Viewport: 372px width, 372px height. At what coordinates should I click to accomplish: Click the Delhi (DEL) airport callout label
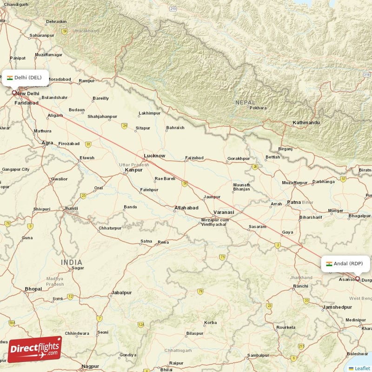tap(25, 78)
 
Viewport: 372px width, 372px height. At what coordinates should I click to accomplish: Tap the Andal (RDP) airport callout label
tap(345, 264)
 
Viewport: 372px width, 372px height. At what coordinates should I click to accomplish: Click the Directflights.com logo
tap(34, 349)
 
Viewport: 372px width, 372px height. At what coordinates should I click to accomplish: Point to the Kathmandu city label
tap(306, 123)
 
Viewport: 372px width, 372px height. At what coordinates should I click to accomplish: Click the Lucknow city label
tap(154, 156)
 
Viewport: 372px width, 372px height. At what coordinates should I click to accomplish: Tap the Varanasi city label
tap(224, 212)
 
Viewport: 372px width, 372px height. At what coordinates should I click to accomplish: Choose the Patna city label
tap(294, 202)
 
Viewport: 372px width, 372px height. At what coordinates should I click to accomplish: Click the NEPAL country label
tap(246, 102)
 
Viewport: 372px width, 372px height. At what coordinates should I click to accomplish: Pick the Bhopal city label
tap(33, 289)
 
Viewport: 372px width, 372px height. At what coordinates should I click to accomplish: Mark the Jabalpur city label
tap(121, 293)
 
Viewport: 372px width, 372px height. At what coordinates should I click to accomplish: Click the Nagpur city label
tap(90, 366)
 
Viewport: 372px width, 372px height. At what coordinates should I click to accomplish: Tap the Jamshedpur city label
tap(337, 307)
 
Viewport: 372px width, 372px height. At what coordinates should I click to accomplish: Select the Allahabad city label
tap(186, 208)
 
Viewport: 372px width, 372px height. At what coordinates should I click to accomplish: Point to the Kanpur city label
tap(133, 170)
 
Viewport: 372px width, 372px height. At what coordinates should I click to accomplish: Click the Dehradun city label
tap(56, 21)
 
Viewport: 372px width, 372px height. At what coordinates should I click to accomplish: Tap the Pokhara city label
tap(258, 108)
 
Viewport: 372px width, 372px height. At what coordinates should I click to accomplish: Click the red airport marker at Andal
tap(358, 279)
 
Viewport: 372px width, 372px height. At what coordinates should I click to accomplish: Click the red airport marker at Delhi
tap(14, 93)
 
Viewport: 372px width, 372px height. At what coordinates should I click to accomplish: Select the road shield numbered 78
tap(200, 292)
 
